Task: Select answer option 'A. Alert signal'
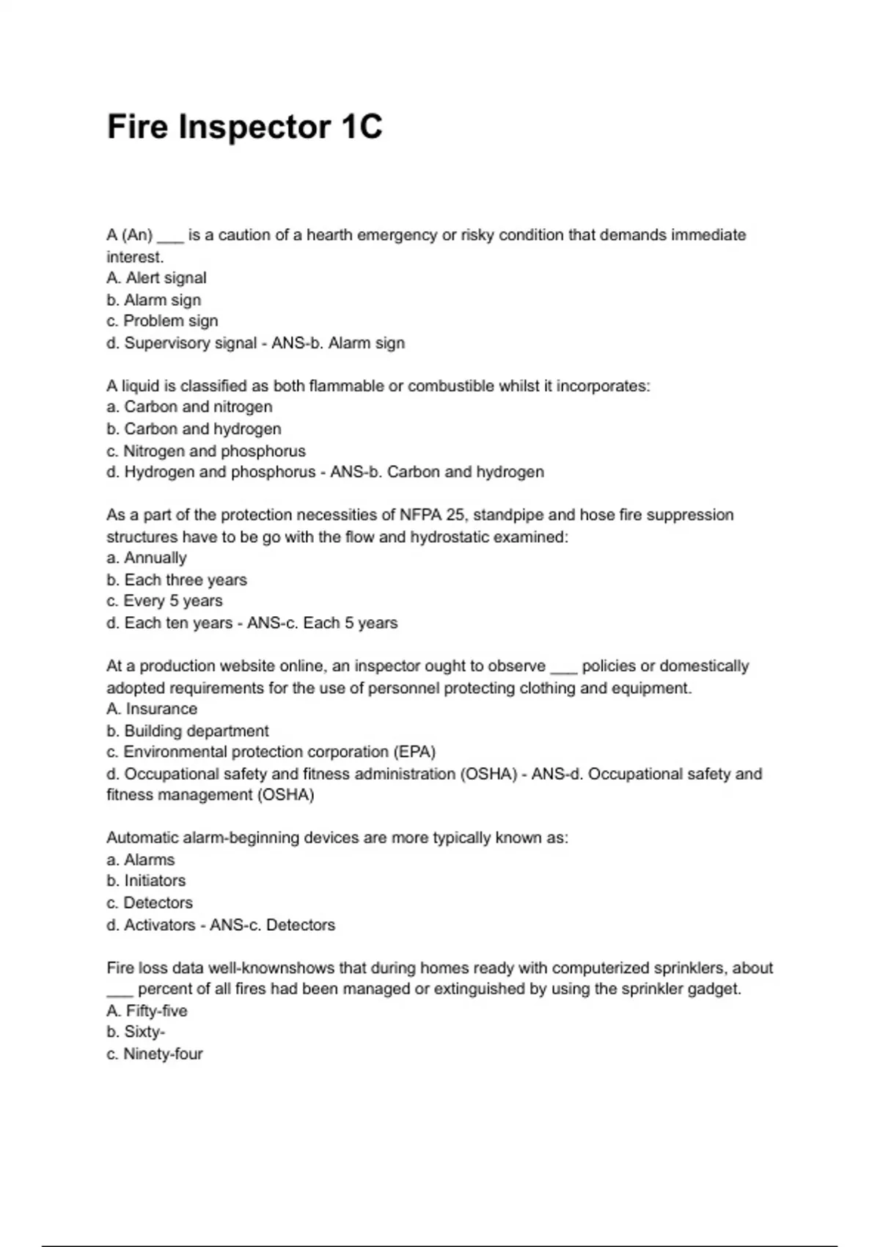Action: pyautogui.click(x=156, y=278)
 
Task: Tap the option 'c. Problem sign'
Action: pyautogui.click(x=162, y=321)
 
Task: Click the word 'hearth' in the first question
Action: pyautogui.click(x=331, y=235)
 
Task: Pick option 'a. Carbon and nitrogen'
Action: pyautogui.click(x=189, y=406)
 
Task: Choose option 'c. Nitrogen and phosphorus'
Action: pyautogui.click(x=205, y=450)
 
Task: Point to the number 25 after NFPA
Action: pyautogui.click(x=455, y=515)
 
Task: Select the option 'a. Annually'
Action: pyautogui.click(x=147, y=557)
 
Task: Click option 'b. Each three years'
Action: pyautogui.click(x=177, y=579)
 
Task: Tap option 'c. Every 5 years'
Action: pyautogui.click(x=164, y=601)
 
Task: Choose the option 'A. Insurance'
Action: pyautogui.click(x=152, y=709)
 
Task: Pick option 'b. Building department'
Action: pyautogui.click(x=188, y=731)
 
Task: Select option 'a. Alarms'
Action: pyautogui.click(x=141, y=860)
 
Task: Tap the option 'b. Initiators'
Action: pyautogui.click(x=146, y=880)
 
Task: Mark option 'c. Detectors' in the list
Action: pyautogui.click(x=150, y=902)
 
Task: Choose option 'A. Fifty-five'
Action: pyautogui.click(x=147, y=1011)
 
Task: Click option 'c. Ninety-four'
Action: pyautogui.click(x=154, y=1053)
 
